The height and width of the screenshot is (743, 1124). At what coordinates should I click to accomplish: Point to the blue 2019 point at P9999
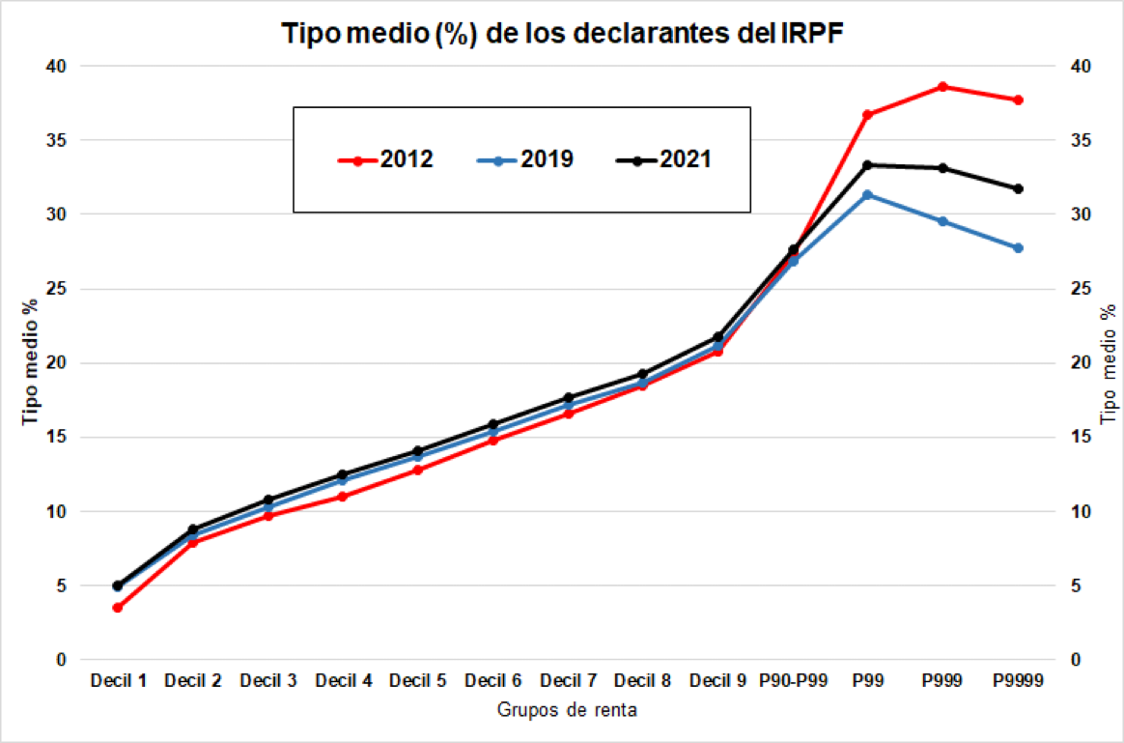(1018, 248)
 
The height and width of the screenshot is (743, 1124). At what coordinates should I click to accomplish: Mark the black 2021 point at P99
(868, 165)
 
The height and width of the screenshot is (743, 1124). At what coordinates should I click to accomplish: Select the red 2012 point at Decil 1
(117, 608)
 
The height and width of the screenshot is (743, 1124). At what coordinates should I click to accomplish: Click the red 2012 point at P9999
(1018, 100)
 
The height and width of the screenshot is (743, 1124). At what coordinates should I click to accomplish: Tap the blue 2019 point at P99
(868, 195)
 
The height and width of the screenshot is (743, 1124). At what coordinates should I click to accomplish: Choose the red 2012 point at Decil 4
(343, 497)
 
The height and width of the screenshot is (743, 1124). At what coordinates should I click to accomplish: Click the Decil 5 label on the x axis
(417, 681)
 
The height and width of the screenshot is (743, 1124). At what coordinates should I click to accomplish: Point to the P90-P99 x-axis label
(793, 681)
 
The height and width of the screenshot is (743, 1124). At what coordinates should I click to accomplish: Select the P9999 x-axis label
(1018, 681)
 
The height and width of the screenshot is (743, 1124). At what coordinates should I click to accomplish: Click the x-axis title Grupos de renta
(567, 710)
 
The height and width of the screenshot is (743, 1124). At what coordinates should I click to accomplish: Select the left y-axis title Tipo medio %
(30, 362)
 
